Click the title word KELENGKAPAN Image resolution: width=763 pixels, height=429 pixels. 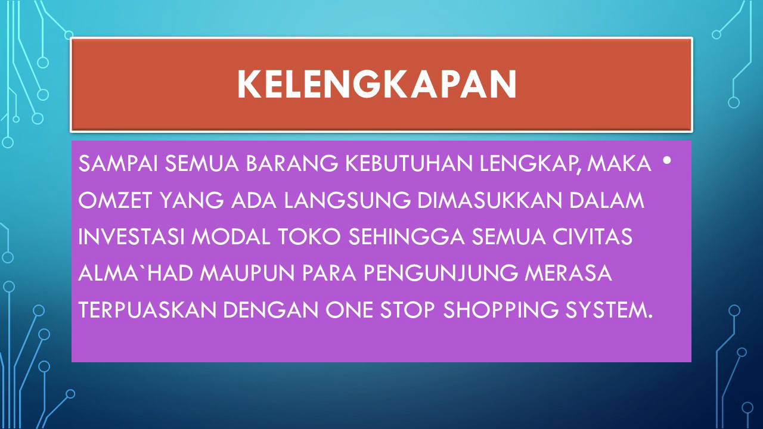[x=377, y=85]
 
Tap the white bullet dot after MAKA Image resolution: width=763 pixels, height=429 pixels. [x=667, y=160]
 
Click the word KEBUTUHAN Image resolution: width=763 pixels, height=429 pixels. [x=409, y=163]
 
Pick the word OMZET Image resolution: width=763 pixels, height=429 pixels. [x=115, y=200]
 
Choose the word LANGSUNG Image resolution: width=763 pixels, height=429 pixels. [x=348, y=200]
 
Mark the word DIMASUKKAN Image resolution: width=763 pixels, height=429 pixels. [x=490, y=200]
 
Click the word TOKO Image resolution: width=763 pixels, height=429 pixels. [x=309, y=237]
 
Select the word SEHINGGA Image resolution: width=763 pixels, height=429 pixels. [x=407, y=237]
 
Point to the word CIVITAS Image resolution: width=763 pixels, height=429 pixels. [x=593, y=237]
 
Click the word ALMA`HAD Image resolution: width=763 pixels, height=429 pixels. [x=135, y=273]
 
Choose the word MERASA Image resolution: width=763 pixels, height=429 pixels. [x=568, y=273]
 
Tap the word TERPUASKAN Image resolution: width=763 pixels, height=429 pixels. [x=147, y=310]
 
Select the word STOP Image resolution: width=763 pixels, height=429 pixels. [x=407, y=310]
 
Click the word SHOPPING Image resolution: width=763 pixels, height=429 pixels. [x=501, y=310]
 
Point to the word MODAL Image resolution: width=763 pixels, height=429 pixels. [x=231, y=237]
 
